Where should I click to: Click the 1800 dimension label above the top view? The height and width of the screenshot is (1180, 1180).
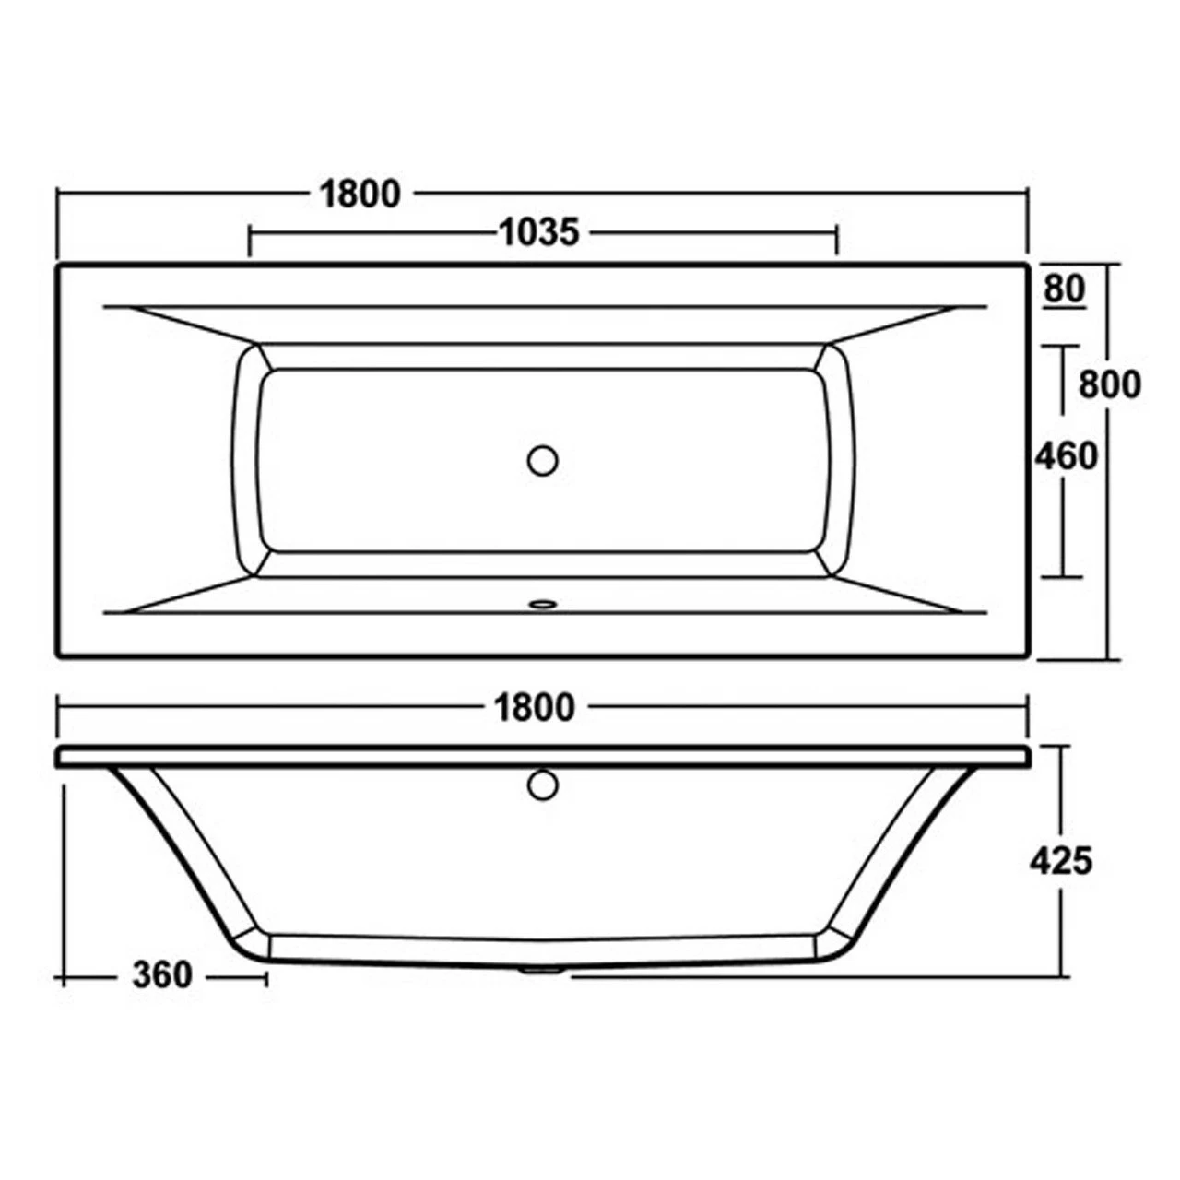tap(360, 194)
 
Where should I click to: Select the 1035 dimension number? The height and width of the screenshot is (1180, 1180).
tap(539, 232)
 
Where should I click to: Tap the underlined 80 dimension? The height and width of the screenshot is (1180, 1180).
tap(1065, 289)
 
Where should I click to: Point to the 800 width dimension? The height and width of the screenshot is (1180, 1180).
tap(1110, 383)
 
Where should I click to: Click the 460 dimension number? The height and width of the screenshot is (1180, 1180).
tap(1066, 455)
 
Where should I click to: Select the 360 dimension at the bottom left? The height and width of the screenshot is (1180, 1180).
tap(162, 975)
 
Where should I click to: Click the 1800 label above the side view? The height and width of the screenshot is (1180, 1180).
tap(535, 707)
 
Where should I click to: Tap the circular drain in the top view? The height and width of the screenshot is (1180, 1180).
tap(543, 459)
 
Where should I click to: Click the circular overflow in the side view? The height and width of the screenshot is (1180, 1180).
tap(543, 785)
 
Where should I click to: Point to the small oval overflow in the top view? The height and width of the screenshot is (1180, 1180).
tap(542, 605)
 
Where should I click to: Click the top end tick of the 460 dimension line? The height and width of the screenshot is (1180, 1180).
tap(1063, 346)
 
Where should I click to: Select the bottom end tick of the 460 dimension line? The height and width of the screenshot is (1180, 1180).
tap(1063, 577)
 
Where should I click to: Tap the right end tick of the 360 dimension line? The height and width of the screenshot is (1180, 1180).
tap(267, 977)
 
